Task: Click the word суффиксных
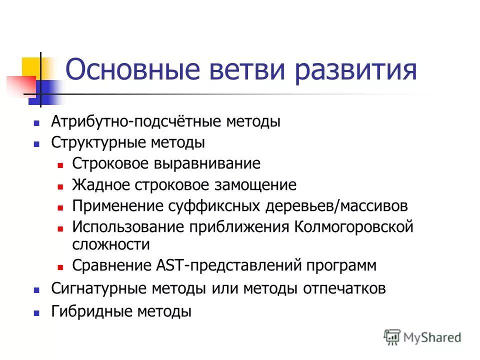click(x=211, y=206)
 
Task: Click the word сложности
click(x=110, y=244)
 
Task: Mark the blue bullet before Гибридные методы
click(x=36, y=312)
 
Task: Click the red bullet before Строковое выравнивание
click(x=60, y=164)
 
